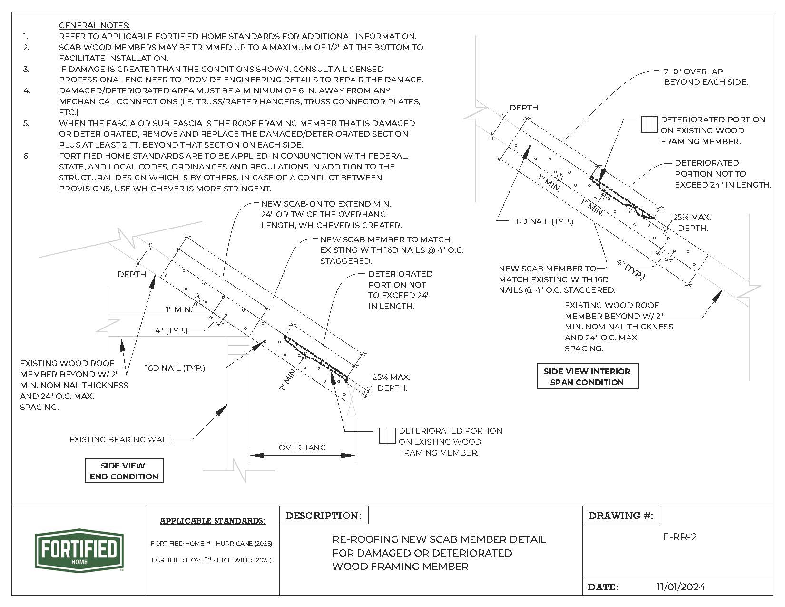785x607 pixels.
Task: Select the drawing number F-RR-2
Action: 679,537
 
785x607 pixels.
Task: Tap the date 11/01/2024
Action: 680,587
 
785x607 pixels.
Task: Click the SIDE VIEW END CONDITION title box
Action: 124,471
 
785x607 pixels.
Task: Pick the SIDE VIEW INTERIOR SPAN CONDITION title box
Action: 587,377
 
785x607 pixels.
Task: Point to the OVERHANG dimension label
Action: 302,448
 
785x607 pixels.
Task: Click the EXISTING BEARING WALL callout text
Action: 121,439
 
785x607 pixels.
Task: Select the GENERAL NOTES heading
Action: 94,25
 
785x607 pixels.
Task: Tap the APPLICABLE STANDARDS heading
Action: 212,521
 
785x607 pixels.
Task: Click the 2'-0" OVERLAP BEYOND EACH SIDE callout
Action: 706,77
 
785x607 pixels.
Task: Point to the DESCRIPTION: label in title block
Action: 324,516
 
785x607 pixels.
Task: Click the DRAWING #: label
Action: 621,516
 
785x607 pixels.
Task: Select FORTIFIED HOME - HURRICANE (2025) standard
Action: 211,543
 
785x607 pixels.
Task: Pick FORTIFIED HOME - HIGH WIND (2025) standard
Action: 211,560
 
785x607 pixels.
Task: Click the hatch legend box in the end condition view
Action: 387,436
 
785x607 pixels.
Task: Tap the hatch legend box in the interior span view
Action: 649,124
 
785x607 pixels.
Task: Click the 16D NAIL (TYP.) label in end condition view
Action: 175,368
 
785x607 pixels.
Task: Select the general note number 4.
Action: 27,90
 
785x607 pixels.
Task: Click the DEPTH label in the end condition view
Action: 132,274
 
